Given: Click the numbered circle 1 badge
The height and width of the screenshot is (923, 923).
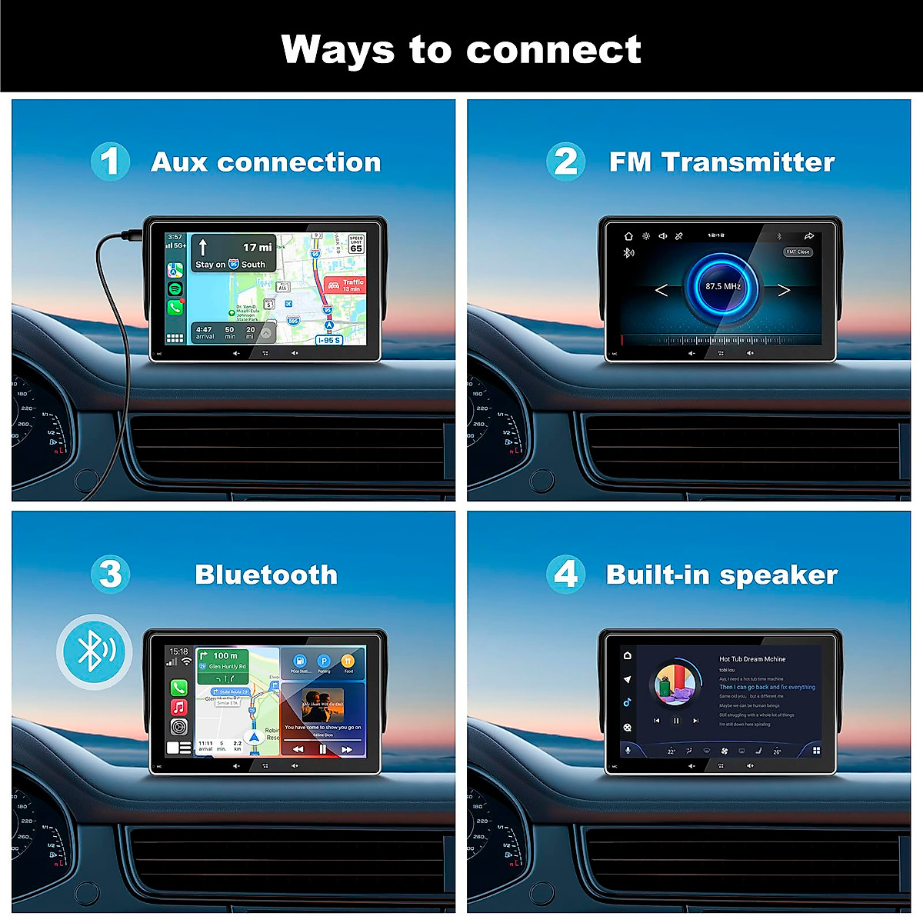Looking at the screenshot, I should pos(110,162).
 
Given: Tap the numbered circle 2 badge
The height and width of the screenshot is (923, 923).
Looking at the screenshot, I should pos(565,162).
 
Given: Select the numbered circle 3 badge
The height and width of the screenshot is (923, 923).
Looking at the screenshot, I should pos(110,574).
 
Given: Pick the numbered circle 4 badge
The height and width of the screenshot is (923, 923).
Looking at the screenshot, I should pos(565,574).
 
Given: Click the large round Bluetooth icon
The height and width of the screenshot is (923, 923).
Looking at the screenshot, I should pos(94,651).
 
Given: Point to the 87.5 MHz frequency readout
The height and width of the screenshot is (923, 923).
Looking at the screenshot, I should pos(722,287).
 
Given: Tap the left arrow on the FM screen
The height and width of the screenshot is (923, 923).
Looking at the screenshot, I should pos(661,290).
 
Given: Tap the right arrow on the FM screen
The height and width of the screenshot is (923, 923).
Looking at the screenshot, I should pos(784,290).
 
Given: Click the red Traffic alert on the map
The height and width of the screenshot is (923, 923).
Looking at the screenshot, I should pos(345,285).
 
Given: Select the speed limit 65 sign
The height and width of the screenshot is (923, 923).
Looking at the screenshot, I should pos(356,245).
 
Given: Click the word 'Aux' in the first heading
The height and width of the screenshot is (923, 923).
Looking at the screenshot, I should pos(178,162).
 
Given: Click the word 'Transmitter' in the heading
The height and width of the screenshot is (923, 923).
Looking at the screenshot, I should pos(748,162).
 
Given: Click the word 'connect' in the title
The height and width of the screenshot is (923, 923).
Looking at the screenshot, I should pos(553,50).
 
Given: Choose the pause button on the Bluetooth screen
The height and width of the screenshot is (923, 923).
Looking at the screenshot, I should pos(322,748).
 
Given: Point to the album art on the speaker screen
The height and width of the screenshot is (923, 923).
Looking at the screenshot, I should pos(675,684).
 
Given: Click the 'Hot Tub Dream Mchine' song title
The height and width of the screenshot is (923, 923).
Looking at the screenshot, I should pos(752,659).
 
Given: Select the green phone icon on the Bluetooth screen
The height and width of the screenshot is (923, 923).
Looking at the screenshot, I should pos(178,688).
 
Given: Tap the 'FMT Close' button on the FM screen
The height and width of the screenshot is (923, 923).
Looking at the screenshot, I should pos(798,252).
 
